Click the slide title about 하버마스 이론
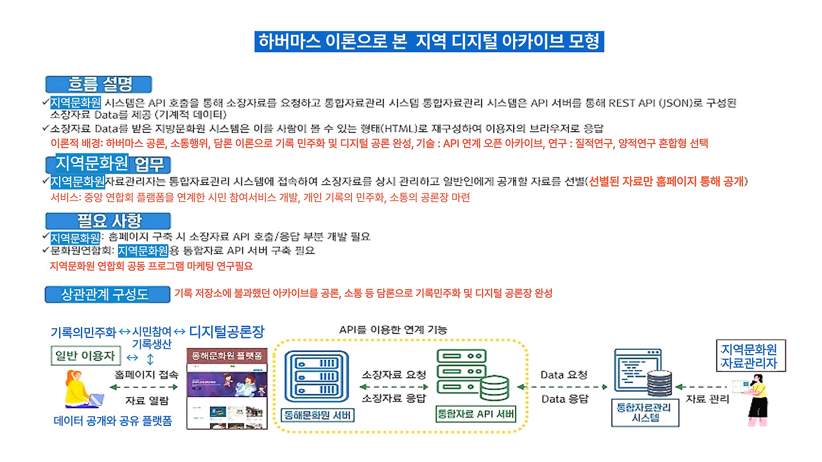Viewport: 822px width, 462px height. (429, 42)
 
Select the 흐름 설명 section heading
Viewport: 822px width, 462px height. (99, 84)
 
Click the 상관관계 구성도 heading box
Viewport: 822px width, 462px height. (107, 294)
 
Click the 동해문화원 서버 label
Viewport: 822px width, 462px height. (319, 415)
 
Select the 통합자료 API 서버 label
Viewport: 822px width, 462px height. (476, 414)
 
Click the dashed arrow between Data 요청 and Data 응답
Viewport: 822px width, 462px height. (563, 387)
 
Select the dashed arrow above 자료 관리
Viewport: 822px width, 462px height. (704, 387)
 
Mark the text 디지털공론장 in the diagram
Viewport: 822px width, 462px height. (227, 332)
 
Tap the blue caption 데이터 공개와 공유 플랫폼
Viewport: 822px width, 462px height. (113, 422)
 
